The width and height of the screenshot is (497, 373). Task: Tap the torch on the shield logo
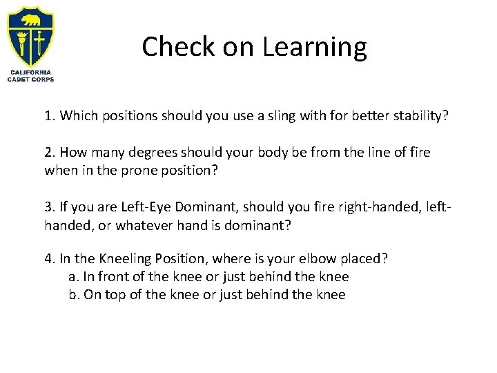21,41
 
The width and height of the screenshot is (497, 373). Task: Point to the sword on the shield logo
39,41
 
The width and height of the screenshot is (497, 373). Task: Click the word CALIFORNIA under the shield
30,72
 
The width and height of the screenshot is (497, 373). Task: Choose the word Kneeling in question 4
128,258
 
